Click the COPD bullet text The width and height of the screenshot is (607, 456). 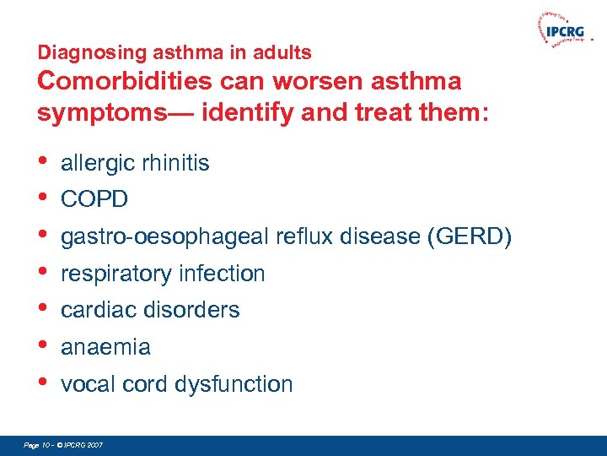coord(94,200)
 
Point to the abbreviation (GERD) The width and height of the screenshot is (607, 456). coord(470,236)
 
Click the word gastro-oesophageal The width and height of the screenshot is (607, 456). coord(165,237)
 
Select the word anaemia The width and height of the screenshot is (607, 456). coord(106,347)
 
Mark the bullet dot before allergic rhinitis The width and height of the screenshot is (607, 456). coord(43,160)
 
